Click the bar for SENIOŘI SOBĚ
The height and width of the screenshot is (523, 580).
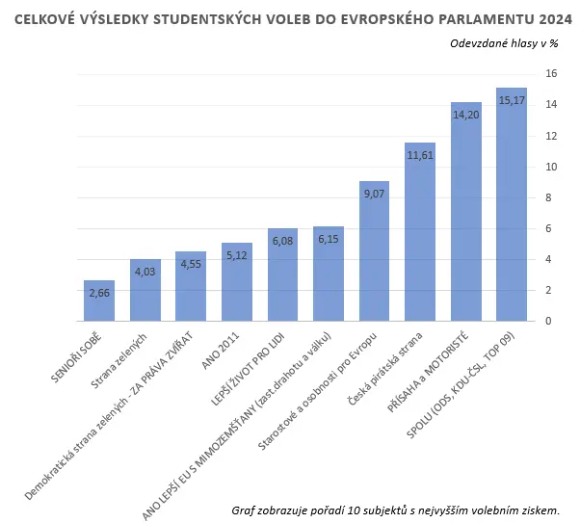[x=99, y=301]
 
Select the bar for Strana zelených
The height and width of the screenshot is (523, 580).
[x=145, y=290]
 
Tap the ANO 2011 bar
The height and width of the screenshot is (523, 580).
[x=237, y=282]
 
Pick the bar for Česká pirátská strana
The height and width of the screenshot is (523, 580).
[x=420, y=232]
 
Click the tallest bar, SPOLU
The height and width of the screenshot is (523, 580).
[x=512, y=204]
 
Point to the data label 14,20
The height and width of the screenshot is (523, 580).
[x=466, y=115]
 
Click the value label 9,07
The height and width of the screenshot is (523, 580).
[x=374, y=194]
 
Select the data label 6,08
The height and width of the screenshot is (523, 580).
[x=282, y=241]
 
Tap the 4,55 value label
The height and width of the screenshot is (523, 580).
[x=191, y=264]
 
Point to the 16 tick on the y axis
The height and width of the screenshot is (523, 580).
[x=551, y=73]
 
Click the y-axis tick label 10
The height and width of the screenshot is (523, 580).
[x=551, y=167]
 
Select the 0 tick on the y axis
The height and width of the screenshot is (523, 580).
[x=548, y=321]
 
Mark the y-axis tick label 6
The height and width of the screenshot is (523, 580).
[x=548, y=228]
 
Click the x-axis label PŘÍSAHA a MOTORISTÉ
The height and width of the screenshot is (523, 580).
[x=428, y=372]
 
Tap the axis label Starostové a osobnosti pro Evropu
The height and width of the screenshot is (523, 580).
[x=317, y=391]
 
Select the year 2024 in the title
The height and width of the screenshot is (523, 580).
[x=556, y=19]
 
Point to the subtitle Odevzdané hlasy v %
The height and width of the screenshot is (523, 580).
[x=504, y=43]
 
